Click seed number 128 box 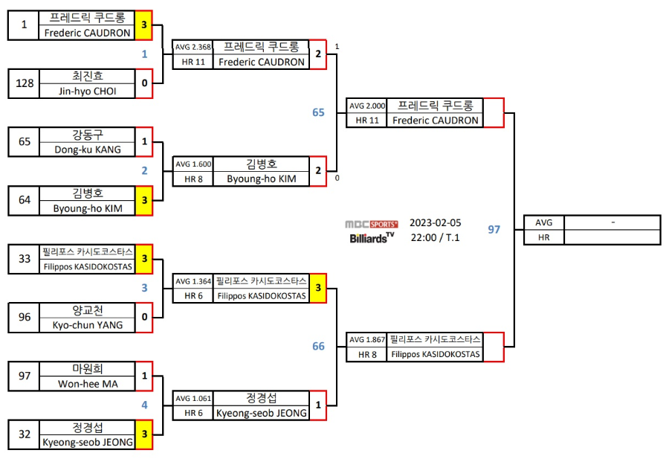click(x=25, y=83)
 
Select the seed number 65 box click(x=25, y=141)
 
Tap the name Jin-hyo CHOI click(x=88, y=91)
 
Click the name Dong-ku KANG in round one click(x=88, y=149)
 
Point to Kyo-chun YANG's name click(x=88, y=324)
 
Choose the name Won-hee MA click(x=88, y=384)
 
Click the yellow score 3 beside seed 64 click(x=144, y=200)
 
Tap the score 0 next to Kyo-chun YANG click(x=144, y=317)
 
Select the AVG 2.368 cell click(x=193, y=48)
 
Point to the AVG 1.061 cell click(x=193, y=399)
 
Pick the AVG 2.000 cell click(x=367, y=106)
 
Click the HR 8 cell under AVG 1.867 click(x=367, y=354)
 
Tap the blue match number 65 click(x=318, y=112)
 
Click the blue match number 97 click(x=494, y=229)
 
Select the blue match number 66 click(x=318, y=346)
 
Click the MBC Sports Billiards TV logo click(x=372, y=231)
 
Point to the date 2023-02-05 click(x=436, y=222)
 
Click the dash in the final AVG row click(x=612, y=222)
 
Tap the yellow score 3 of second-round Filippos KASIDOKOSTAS click(x=318, y=288)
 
